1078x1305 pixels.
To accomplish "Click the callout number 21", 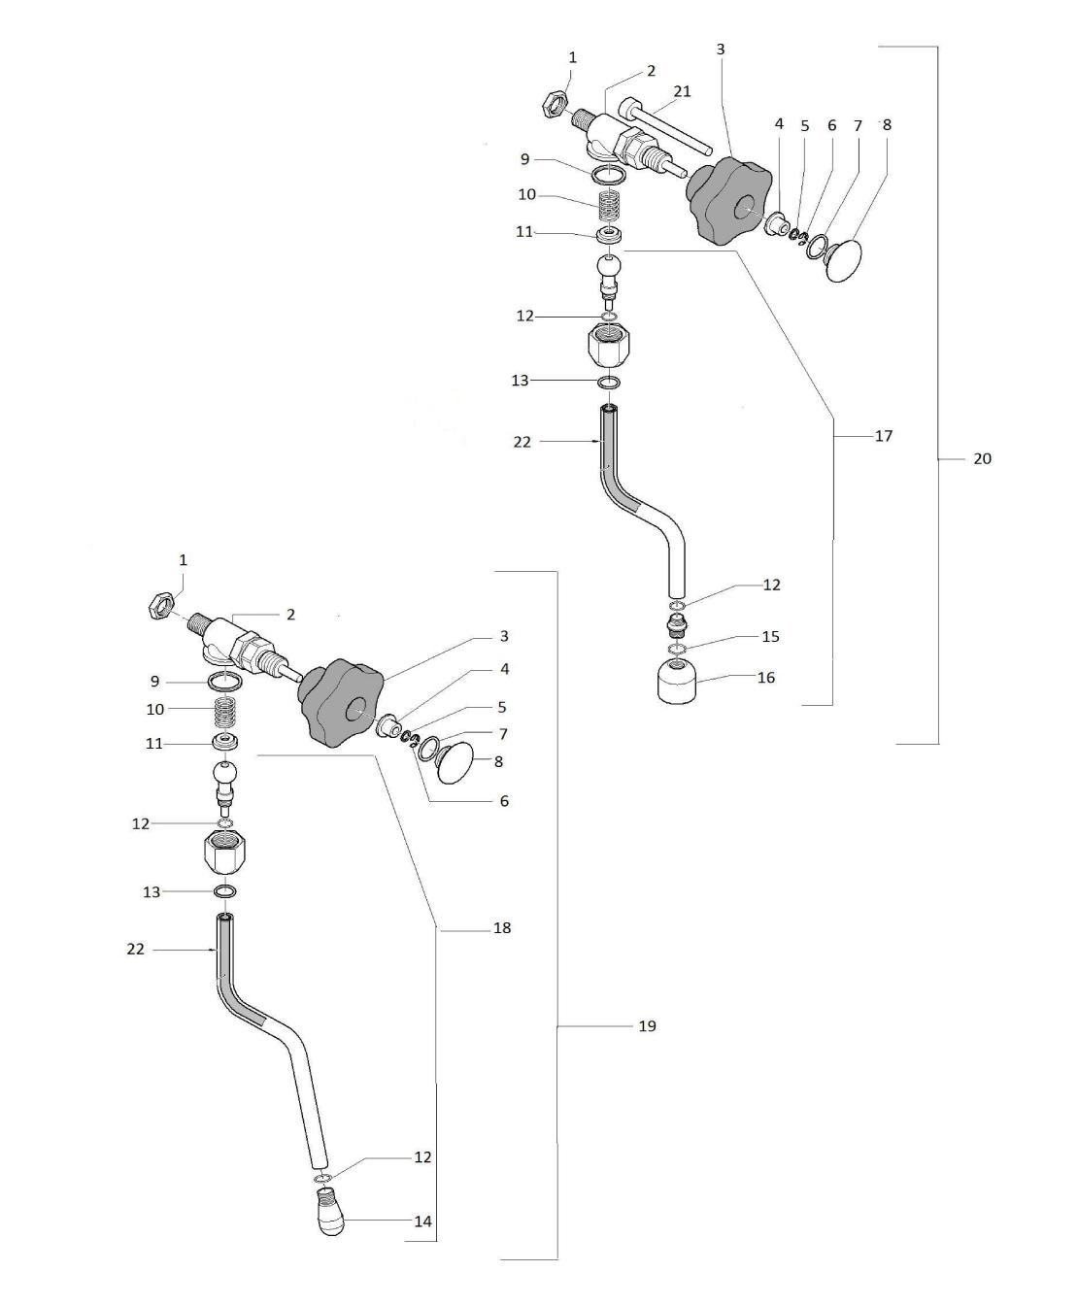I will tap(682, 91).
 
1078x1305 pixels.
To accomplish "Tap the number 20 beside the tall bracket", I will tap(982, 458).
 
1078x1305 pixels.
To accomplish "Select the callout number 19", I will tap(647, 1025).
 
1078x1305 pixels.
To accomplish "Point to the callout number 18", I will tap(501, 928).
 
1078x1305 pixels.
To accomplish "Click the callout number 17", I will tap(883, 436).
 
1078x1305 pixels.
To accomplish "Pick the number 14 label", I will tap(422, 1221).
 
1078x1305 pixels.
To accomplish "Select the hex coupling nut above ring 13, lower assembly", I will tap(224, 853).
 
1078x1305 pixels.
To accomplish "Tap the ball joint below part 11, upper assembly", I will tap(609, 271).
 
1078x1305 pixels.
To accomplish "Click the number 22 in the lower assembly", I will tap(135, 949).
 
